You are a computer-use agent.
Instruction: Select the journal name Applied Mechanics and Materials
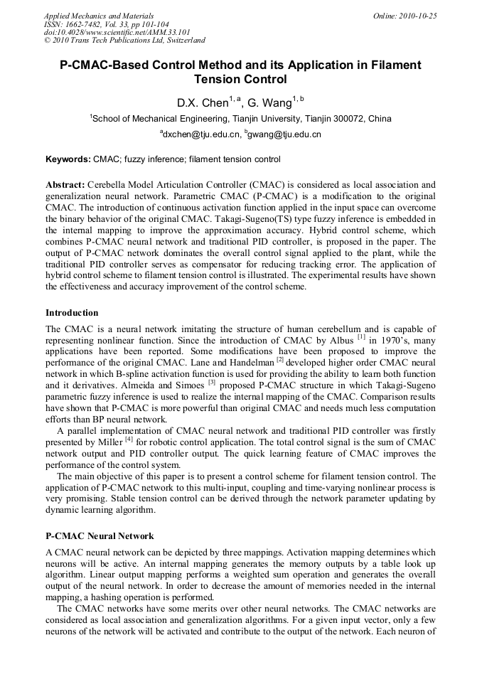pyautogui.click(x=99, y=16)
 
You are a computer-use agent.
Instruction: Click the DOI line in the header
pyautogui.click(x=107, y=32)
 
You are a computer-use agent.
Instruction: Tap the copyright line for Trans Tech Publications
pyautogui.click(x=124, y=41)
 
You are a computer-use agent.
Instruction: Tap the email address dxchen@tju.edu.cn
pyautogui.click(x=200, y=134)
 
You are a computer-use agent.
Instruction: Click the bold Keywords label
pyautogui.click(x=68, y=159)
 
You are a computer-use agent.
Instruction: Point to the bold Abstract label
pyautogui.click(x=65, y=184)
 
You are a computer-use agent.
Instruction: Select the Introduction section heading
pyautogui.click(x=72, y=313)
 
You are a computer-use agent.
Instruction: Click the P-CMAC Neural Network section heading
pyautogui.click(x=100, y=536)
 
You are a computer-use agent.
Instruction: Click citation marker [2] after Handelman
pyautogui.click(x=279, y=360)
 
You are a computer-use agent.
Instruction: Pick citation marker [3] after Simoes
pyautogui.click(x=212, y=383)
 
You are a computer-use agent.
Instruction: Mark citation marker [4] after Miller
pyautogui.click(x=129, y=439)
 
